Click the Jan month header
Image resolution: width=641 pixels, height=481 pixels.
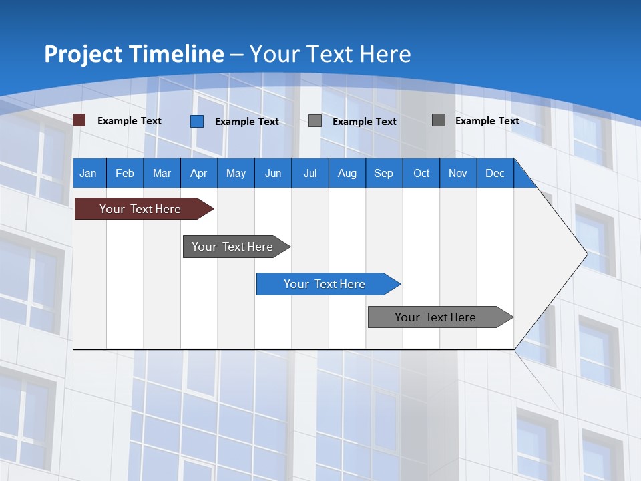pos(89,173)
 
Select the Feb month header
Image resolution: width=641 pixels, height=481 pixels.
pos(125,173)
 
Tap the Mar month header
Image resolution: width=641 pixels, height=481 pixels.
pos(162,173)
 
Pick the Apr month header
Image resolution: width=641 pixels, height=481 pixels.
pos(199,173)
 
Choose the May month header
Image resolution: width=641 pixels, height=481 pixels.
pos(236,173)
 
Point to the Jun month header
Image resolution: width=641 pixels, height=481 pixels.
pos(273,173)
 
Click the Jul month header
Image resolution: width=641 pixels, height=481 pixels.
pos(310,173)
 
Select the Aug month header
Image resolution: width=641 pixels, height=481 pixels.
pos(347,173)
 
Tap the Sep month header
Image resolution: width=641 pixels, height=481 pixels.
pos(384,173)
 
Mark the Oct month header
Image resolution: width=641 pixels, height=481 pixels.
pos(421,173)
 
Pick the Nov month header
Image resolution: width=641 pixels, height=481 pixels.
pos(458,173)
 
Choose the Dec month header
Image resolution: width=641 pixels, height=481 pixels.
pos(495,173)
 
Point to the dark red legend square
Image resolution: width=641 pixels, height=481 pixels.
pos(79,120)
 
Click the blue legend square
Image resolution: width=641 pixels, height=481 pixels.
pos(197,121)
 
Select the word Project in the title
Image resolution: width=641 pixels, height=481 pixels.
pos(84,54)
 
